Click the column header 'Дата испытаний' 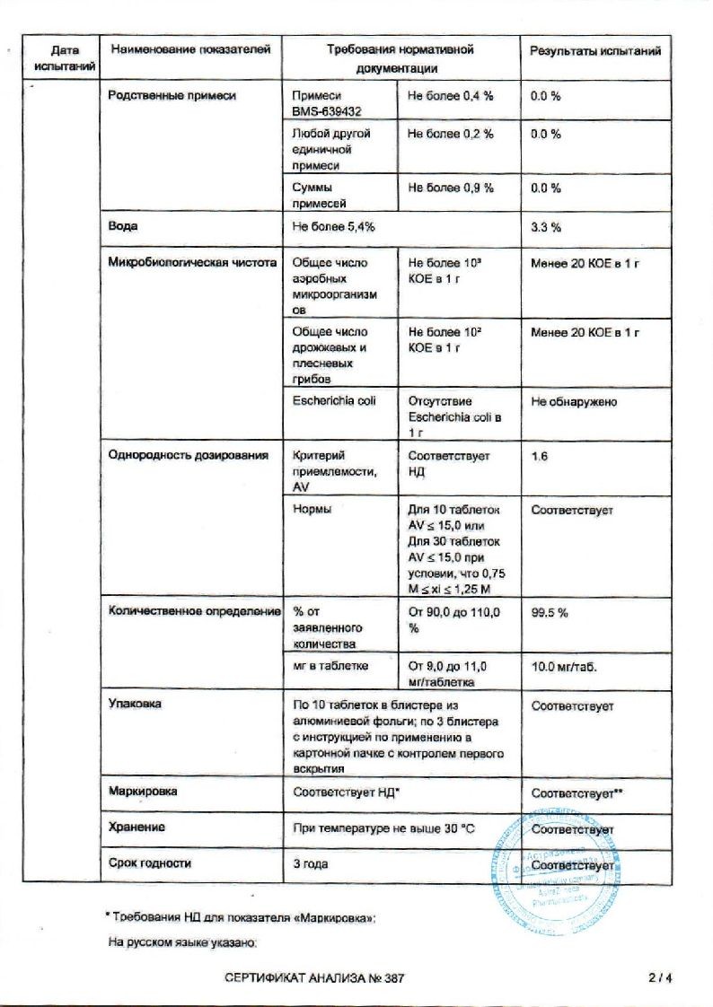click(x=58, y=58)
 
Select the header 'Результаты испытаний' click(x=595, y=51)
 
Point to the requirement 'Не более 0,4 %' click(x=450, y=96)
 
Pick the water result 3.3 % click(x=546, y=228)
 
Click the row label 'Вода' click(x=123, y=227)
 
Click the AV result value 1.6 click(x=540, y=456)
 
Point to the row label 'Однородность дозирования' click(x=188, y=456)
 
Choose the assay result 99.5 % click(x=550, y=612)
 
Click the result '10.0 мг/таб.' click(x=564, y=669)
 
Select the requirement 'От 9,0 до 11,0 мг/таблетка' click(x=448, y=674)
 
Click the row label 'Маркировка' click(x=142, y=792)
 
